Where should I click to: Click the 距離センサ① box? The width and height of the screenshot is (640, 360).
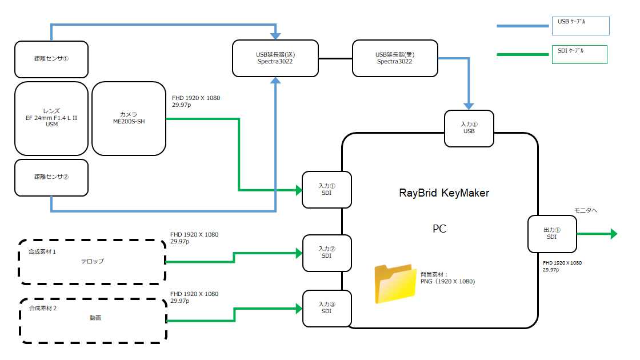tap(51, 59)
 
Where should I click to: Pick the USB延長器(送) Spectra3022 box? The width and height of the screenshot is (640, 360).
tap(275, 58)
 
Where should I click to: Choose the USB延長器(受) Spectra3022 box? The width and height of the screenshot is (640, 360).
tap(395, 58)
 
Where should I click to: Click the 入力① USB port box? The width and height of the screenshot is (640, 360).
tap(469, 127)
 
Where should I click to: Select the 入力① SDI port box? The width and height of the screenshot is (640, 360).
tap(326, 190)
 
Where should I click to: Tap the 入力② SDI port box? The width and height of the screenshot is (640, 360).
tap(326, 252)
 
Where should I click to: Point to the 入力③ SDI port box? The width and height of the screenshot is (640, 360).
tap(326, 308)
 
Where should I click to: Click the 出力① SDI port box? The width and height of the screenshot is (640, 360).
tap(551, 234)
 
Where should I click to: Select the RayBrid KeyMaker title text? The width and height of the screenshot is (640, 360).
tap(444, 193)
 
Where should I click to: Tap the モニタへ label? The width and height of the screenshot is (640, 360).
tap(585, 210)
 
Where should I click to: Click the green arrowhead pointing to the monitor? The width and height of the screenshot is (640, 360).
tap(614, 234)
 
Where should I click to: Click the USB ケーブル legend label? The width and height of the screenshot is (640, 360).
tap(571, 22)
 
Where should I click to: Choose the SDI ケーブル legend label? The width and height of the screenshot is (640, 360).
tap(571, 51)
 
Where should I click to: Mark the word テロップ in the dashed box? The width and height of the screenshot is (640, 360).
tap(92, 261)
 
